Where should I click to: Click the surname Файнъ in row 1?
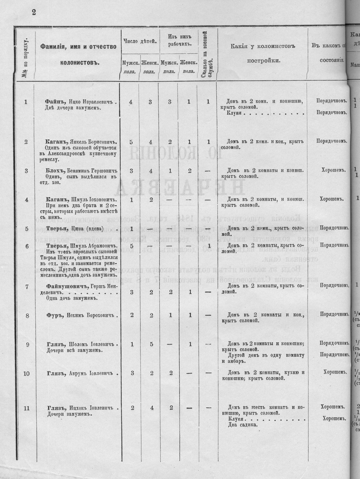(56, 102)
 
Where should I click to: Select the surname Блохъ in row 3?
(56, 170)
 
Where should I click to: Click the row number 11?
(26, 408)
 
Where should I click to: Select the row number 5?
(26, 229)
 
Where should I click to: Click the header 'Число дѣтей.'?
(139, 41)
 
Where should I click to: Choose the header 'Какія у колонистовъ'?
(262, 46)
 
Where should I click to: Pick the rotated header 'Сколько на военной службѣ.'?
(207, 55)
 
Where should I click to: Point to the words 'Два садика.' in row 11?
(244, 424)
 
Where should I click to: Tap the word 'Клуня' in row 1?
(235, 114)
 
